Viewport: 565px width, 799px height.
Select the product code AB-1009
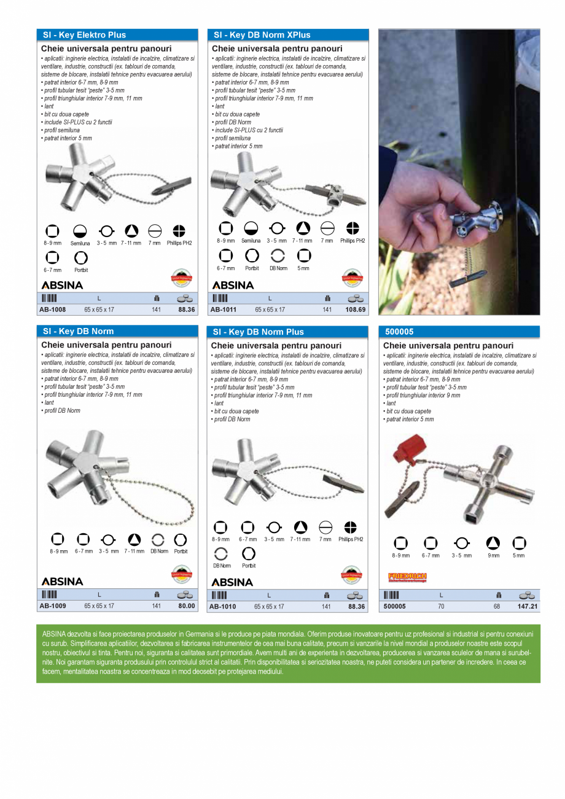tap(53, 606)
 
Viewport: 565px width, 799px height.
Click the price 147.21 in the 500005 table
tap(527, 606)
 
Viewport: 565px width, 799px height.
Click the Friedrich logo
tap(407, 577)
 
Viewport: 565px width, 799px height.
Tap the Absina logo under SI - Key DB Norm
tap(62, 581)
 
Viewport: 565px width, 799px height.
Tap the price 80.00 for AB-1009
tap(186, 606)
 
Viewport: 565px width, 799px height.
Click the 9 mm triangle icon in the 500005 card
tap(493, 543)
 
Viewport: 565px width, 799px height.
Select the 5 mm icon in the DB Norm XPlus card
tap(304, 256)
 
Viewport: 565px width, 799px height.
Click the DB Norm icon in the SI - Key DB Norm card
tap(158, 539)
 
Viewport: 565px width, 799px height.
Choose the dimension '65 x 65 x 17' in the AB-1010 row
tap(269, 606)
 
